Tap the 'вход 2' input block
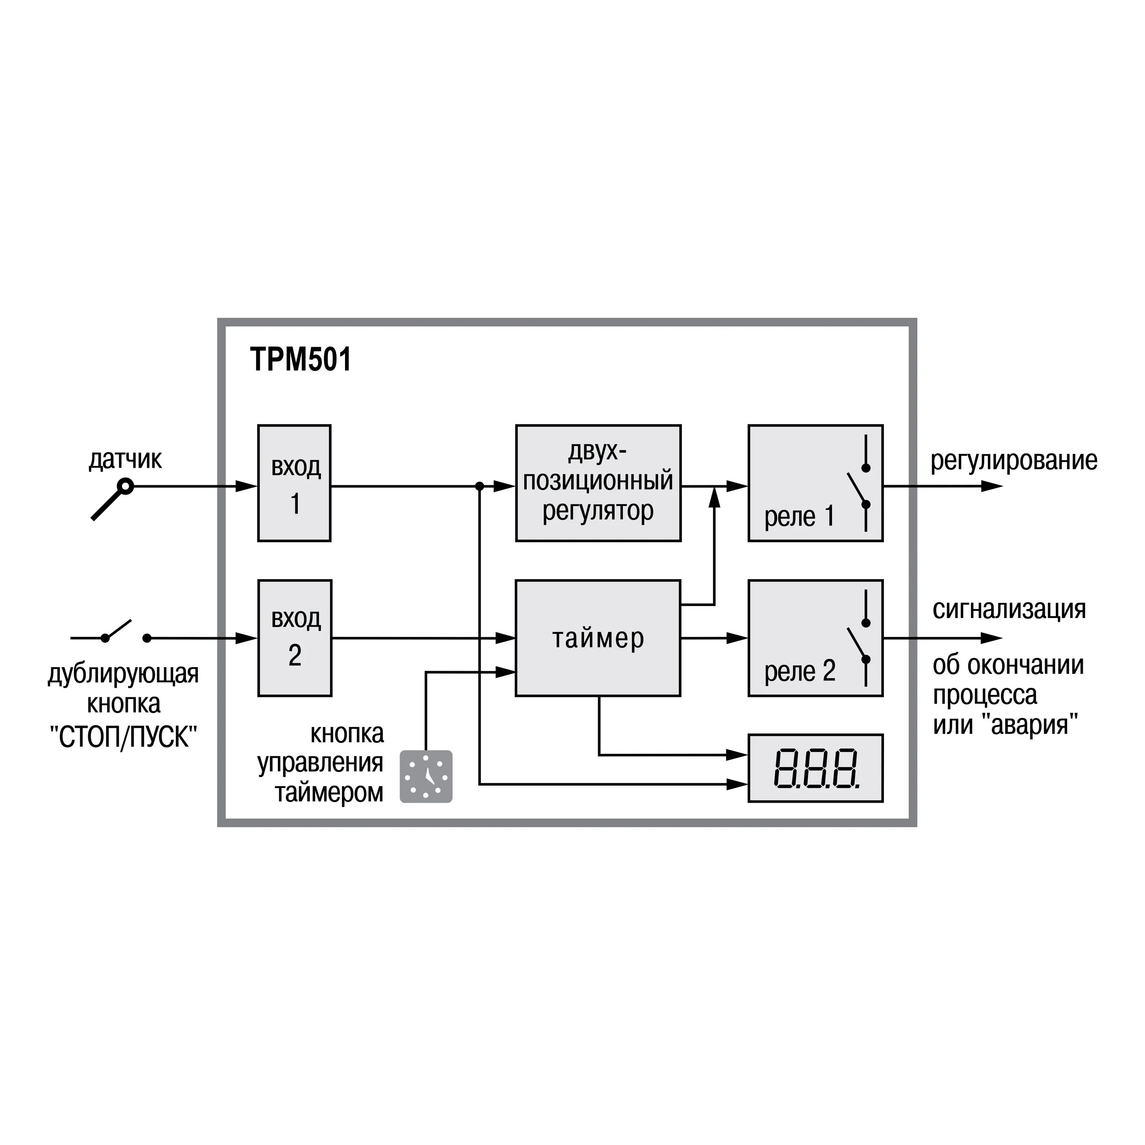click(x=295, y=638)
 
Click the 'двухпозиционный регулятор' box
click(x=598, y=483)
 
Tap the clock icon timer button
click(x=426, y=776)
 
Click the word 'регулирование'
click(x=1013, y=461)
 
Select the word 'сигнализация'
click(x=1009, y=609)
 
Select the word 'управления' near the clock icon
click(x=320, y=763)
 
